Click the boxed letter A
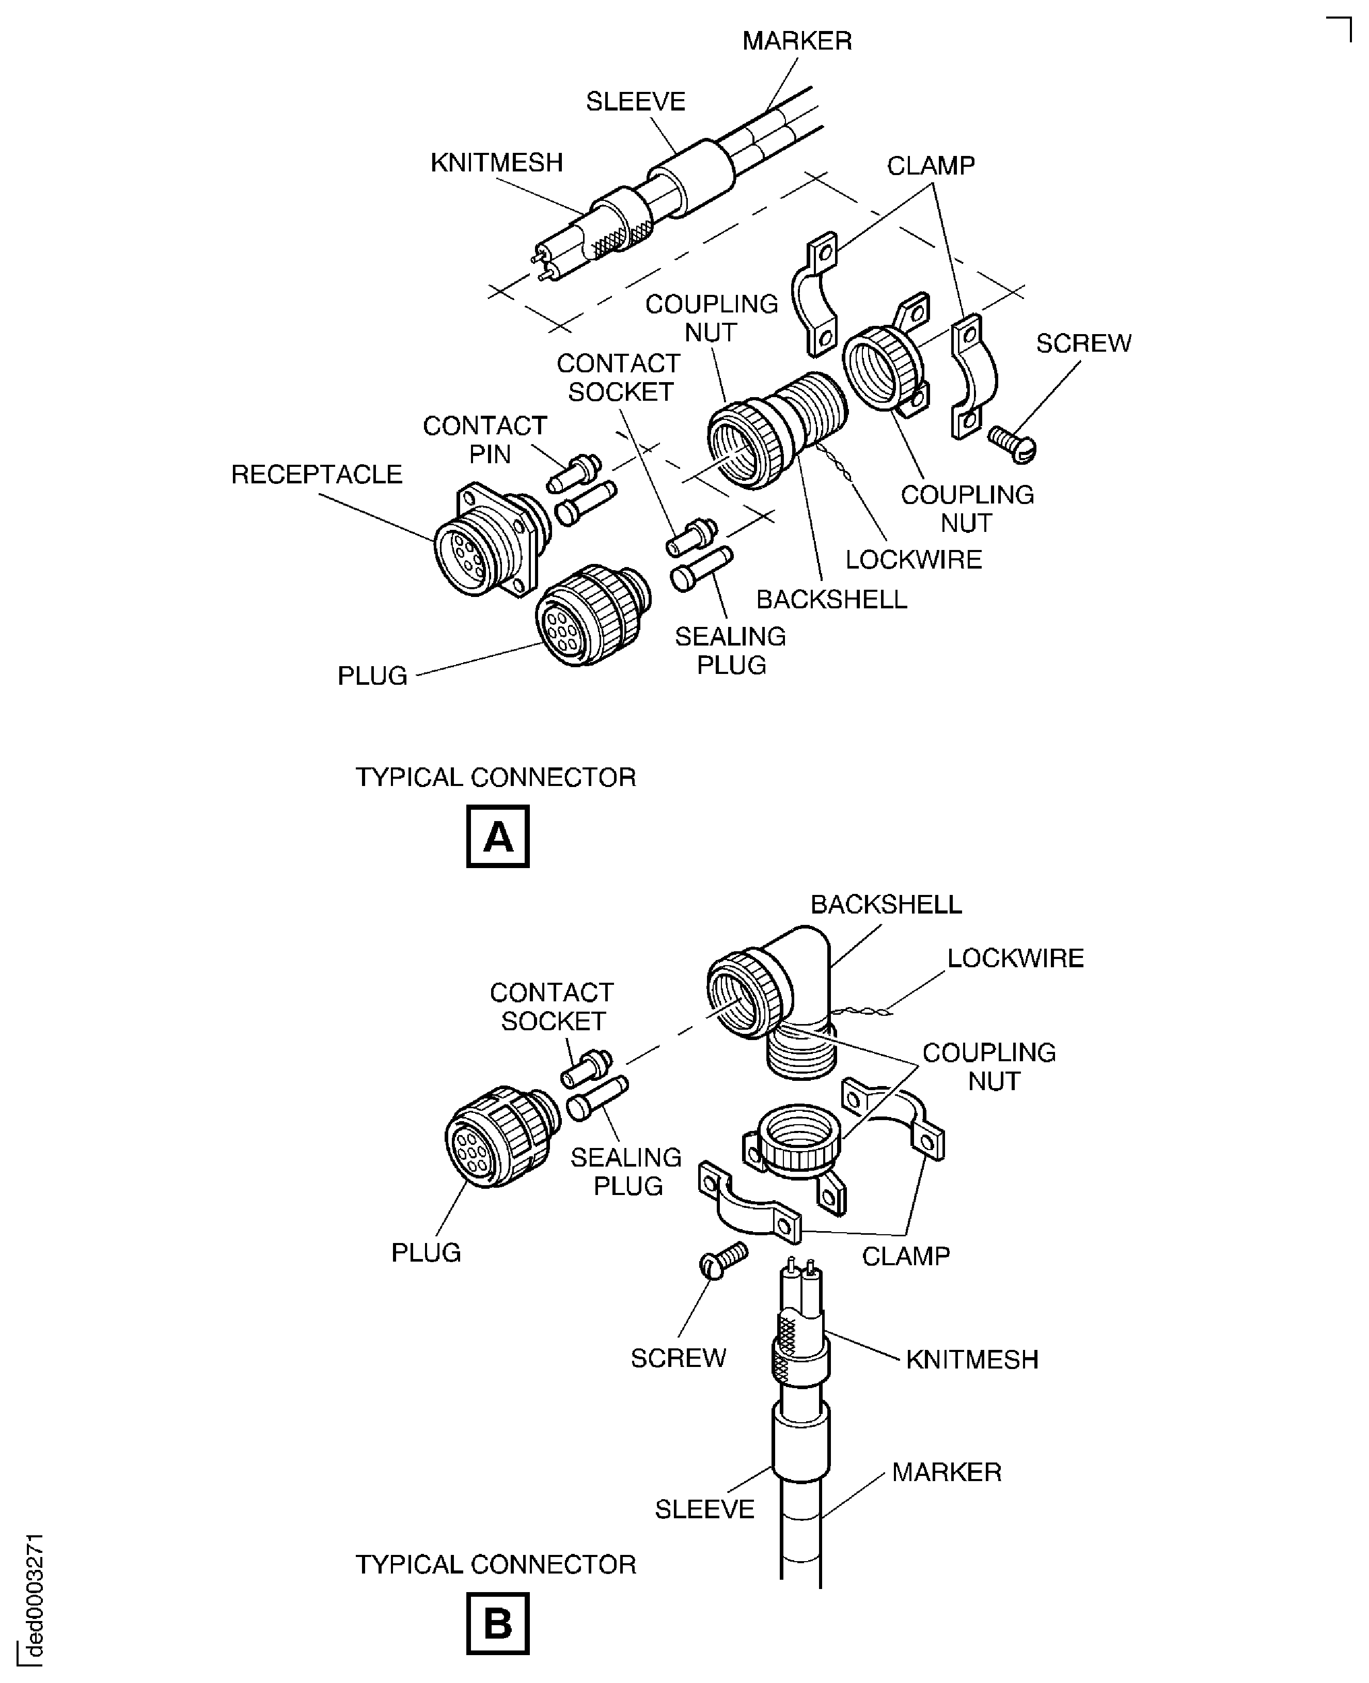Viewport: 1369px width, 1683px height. pyautogui.click(x=498, y=836)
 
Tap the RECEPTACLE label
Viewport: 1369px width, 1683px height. pyautogui.click(x=316, y=475)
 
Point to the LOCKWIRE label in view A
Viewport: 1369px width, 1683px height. pyautogui.click(x=913, y=560)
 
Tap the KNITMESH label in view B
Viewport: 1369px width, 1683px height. pyautogui.click(x=971, y=1360)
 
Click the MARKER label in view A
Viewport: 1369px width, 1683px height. pyautogui.click(x=796, y=41)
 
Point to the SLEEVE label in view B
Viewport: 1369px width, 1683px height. pyautogui.click(x=704, y=1509)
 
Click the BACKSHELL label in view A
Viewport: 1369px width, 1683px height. pyautogui.click(x=831, y=600)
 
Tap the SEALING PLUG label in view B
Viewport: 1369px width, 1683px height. pyautogui.click(x=626, y=1172)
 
